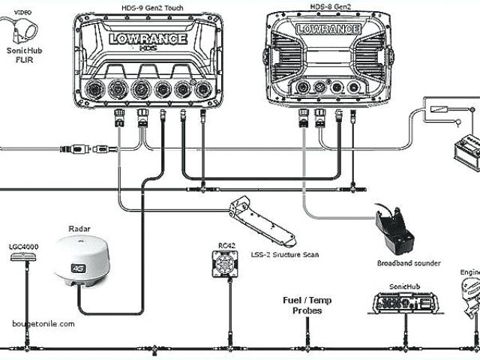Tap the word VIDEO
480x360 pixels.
click(x=22, y=13)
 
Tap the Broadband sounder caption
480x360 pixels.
click(x=408, y=263)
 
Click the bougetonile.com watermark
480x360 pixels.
click(x=43, y=324)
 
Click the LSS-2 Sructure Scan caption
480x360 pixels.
click(x=285, y=255)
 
